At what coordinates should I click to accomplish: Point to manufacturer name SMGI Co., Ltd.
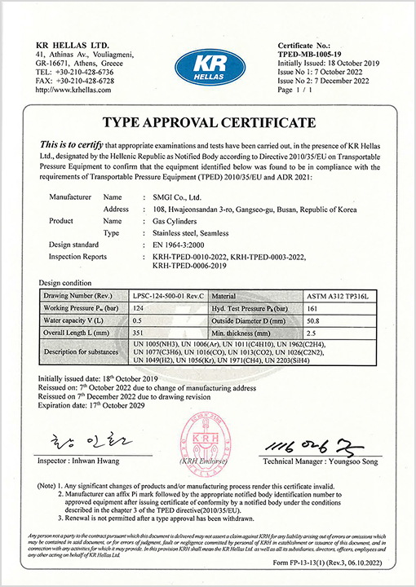178,196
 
